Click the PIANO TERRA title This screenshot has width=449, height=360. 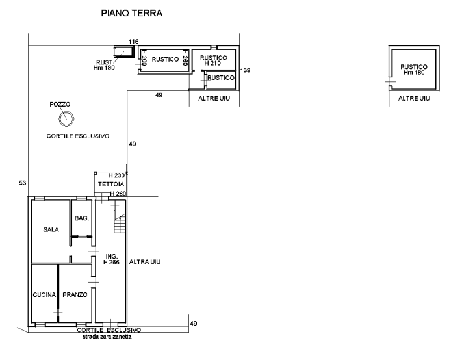tap(132, 13)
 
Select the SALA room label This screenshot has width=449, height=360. tap(51, 229)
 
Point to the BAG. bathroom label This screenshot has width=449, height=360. tap(82, 218)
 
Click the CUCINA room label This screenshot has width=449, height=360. tap(44, 295)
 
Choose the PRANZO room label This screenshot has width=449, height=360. tap(75, 295)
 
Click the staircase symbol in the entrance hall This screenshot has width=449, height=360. tap(120, 224)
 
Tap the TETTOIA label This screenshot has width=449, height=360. tap(111, 184)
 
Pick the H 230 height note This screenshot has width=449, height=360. tap(116, 175)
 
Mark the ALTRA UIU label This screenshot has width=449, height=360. tap(145, 262)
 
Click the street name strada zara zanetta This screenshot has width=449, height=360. tap(107, 337)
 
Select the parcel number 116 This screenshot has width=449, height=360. tap(133, 42)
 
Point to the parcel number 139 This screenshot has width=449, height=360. tap(246, 70)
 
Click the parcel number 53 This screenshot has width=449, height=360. tap(23, 183)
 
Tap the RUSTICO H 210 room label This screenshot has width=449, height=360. tap(213, 60)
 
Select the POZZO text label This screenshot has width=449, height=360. tap(60, 104)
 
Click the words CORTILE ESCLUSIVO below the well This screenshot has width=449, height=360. tap(78, 136)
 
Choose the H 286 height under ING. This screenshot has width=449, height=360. tap(111, 262)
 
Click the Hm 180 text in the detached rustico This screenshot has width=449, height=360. tap(414, 73)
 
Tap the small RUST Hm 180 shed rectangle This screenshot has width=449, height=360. tap(124, 51)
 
